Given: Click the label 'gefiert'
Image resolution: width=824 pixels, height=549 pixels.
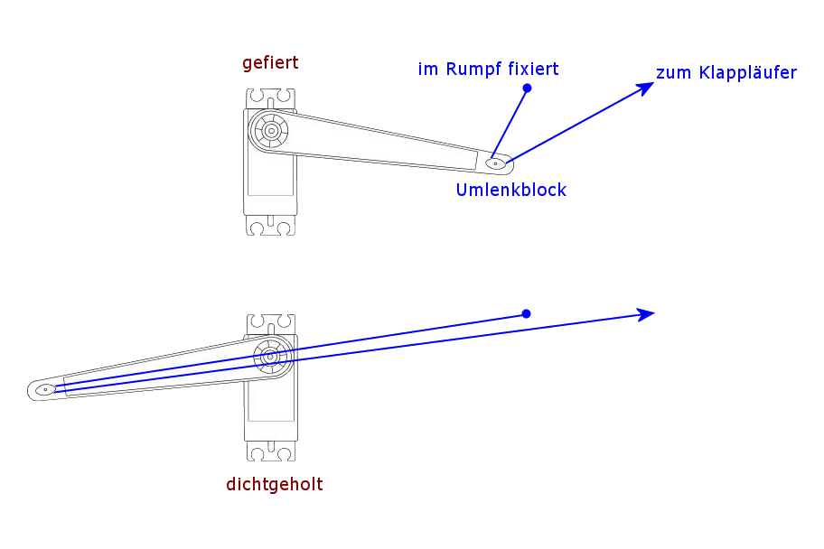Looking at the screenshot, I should click(270, 63).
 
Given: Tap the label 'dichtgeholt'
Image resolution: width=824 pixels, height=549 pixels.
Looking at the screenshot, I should click(274, 484).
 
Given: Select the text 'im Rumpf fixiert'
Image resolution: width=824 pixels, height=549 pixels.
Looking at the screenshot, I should click(488, 69).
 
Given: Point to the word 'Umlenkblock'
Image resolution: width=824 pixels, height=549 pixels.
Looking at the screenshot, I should click(510, 190).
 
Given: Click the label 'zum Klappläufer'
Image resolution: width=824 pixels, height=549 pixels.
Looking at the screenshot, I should click(726, 73).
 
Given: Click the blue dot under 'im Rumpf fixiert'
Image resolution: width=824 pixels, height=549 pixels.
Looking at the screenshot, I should click(527, 88).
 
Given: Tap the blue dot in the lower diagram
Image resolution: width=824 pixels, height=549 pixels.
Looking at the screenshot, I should click(526, 314).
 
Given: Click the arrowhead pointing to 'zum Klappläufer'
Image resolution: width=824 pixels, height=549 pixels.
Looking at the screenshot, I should click(646, 87).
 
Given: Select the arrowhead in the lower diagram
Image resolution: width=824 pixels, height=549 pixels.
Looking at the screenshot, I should click(646, 314).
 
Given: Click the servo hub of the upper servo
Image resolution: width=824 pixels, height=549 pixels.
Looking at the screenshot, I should click(270, 130).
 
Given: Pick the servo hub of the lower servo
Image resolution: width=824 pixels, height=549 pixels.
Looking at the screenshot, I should click(270, 356).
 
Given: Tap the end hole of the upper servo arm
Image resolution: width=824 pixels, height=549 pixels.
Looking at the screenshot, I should click(495, 163).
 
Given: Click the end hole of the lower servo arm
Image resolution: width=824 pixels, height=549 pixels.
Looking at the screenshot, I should click(45, 389).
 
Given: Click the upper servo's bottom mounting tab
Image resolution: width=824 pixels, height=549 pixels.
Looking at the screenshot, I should click(270, 226).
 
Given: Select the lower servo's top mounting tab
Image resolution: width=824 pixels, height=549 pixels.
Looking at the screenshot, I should click(270, 324).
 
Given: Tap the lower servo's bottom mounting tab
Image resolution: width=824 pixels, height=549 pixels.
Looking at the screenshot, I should click(270, 451).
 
